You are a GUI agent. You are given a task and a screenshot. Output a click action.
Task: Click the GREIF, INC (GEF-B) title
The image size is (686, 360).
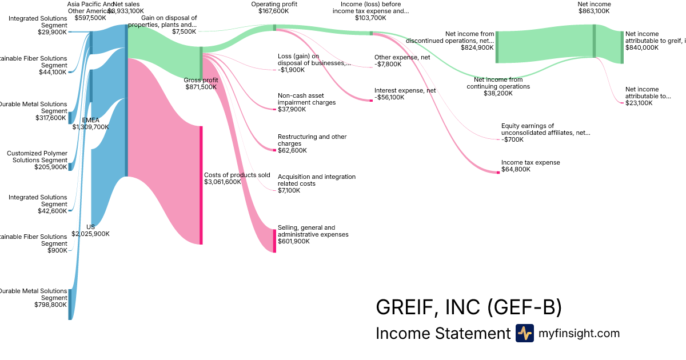[x=469, y=307]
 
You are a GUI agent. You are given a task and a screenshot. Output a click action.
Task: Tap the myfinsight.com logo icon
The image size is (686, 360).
[x=524, y=333]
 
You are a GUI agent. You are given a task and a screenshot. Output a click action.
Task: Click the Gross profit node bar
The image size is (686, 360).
[x=201, y=63]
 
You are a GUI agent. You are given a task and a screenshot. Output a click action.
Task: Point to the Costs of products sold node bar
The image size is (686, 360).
[x=201, y=185]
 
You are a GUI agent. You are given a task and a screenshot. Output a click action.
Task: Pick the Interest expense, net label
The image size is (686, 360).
[x=405, y=90]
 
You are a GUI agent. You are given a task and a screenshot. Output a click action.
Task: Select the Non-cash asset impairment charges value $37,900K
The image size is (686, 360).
[x=292, y=109]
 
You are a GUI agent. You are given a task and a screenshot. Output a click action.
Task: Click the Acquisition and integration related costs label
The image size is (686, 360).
[x=316, y=180]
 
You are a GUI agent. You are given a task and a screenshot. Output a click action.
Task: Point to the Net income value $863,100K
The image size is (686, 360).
[x=595, y=11]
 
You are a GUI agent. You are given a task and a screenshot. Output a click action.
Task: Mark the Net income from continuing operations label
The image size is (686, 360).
[x=501, y=83]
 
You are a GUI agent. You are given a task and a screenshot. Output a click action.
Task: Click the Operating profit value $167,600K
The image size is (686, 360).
[x=274, y=11]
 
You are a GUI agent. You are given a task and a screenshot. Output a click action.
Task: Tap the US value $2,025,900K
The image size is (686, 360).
[x=90, y=234]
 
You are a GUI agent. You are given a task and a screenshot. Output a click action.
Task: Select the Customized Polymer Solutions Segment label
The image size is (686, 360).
[x=37, y=157]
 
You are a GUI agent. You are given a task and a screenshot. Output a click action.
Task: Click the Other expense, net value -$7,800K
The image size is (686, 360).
[x=388, y=64]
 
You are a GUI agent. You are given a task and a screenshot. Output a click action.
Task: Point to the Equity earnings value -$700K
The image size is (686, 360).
[x=512, y=139]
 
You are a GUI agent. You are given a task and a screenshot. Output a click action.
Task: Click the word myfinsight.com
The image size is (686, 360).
[x=579, y=333]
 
